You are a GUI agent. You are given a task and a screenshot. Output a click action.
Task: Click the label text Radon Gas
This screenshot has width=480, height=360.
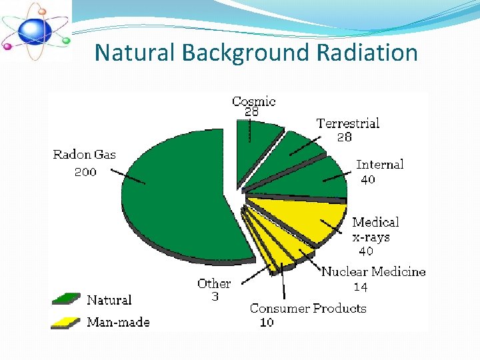84,155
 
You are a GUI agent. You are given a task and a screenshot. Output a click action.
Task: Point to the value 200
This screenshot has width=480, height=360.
85,172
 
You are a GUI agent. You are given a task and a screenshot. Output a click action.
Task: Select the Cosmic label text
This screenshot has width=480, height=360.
253,101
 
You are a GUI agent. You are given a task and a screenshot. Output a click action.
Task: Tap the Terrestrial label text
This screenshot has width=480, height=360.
347,123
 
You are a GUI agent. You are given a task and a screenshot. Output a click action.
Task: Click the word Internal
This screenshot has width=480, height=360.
379,165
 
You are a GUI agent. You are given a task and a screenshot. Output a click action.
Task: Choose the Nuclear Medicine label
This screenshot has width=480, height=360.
373,271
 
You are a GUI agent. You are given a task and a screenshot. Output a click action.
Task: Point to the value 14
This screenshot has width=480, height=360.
360,287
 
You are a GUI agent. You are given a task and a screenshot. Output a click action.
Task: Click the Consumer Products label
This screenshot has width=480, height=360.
308,308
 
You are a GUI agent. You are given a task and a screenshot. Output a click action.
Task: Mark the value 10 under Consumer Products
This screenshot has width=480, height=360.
266,323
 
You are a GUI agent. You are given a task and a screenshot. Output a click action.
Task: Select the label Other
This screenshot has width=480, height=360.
214,284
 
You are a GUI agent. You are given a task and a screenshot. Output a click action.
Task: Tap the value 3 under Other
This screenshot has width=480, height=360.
215,297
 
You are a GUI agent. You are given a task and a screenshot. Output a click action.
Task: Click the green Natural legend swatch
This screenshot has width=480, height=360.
66,299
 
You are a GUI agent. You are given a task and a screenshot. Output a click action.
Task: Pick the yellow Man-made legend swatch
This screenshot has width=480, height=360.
66,323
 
